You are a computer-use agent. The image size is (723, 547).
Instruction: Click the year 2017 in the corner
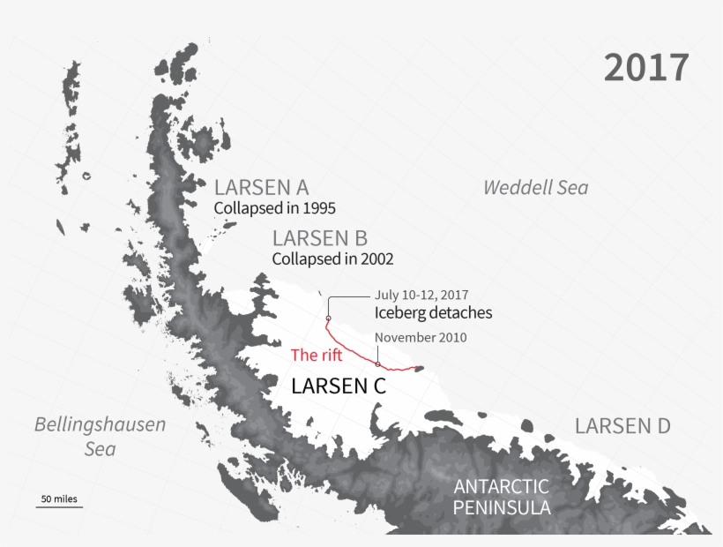pyautogui.click(x=646, y=68)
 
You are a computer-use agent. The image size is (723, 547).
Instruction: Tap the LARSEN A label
pyautogui.click(x=261, y=187)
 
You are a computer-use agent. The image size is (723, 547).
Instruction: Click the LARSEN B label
pyautogui.click(x=320, y=238)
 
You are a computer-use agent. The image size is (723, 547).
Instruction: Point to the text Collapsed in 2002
pyautogui.click(x=332, y=259)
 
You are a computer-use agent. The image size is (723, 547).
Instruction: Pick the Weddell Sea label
pyautogui.click(x=535, y=187)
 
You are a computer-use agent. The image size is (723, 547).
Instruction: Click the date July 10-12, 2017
pyautogui.click(x=421, y=295)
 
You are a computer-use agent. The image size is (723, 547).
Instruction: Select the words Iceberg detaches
pyautogui.click(x=433, y=312)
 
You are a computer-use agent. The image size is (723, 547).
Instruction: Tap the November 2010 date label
pyautogui.click(x=421, y=337)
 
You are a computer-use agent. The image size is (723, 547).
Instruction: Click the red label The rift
pyautogui.click(x=317, y=356)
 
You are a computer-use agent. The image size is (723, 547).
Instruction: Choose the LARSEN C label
pyautogui.click(x=339, y=386)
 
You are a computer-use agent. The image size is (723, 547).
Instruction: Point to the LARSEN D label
pyautogui.click(x=622, y=426)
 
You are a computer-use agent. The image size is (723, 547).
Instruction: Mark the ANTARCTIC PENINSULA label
pyautogui.click(x=501, y=497)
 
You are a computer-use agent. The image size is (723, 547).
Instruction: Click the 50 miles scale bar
pyautogui.click(x=59, y=501)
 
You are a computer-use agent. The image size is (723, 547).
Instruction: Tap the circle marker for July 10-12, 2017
pyautogui.click(x=328, y=318)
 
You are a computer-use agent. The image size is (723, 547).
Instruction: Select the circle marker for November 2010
pyautogui.click(x=377, y=363)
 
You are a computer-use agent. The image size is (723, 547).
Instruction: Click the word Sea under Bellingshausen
pyautogui.click(x=100, y=449)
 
